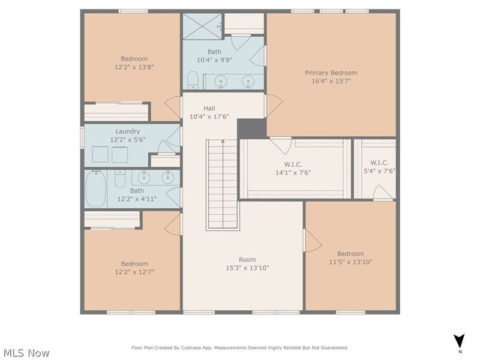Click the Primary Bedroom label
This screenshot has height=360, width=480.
pos(331,73)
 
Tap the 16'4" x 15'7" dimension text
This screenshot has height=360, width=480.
pos(331,81)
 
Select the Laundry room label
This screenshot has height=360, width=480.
pos(127,131)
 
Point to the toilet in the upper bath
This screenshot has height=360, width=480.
pos(193,80)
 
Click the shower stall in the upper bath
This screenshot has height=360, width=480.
pos(202,26)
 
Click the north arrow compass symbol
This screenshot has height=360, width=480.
pos(459,340)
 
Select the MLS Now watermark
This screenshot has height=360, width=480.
pos(26,353)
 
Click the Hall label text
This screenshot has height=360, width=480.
pos(209,108)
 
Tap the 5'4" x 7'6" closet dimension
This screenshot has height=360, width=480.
pos(379,171)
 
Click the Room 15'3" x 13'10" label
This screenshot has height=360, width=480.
pos(247,264)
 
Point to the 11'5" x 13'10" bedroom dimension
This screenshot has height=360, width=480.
pos(350,262)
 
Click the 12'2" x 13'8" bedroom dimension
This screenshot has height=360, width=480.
pos(134,67)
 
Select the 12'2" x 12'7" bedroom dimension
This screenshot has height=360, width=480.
pos(134,272)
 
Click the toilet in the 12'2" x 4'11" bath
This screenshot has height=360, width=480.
pos(119,179)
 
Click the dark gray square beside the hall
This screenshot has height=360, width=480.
pos(251,128)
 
